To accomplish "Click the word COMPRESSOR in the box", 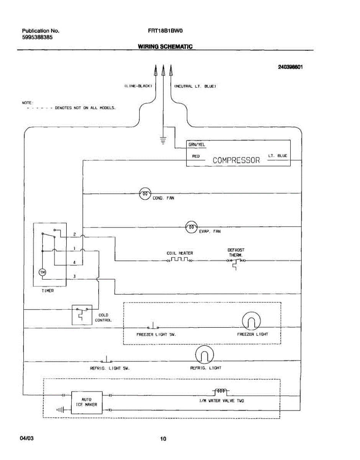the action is [236, 160].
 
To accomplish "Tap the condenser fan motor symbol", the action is [145, 194].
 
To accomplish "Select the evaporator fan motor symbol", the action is [191, 227].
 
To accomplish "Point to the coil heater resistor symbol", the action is [180, 260].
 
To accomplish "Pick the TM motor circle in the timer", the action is [42, 272].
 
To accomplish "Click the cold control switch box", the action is [82, 315].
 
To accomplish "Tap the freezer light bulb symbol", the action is [251, 321].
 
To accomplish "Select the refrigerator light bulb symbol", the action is [204, 355].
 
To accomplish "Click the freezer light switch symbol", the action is [153, 326].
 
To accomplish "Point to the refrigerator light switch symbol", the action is [106, 360].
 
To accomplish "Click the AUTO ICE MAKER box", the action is [87, 402].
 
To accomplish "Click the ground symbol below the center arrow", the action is [163, 141].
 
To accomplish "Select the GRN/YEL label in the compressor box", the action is [197, 145].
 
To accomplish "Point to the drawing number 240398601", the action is [290, 67].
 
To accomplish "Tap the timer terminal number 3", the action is [74, 276].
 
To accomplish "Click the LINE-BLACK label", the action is [138, 86].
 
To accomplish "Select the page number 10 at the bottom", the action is [163, 439].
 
